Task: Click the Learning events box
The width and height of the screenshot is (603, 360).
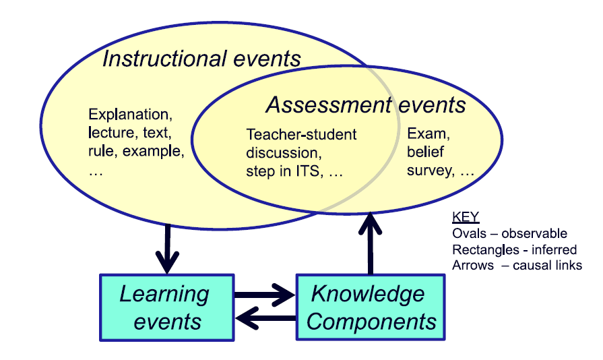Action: tap(166, 307)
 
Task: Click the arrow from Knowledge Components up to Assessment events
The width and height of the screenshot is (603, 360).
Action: tap(369, 243)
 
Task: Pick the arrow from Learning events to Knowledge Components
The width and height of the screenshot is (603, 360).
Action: tap(264, 295)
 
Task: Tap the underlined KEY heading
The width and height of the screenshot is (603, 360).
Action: tap(464, 218)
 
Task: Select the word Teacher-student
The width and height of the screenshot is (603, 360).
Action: tap(301, 134)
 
